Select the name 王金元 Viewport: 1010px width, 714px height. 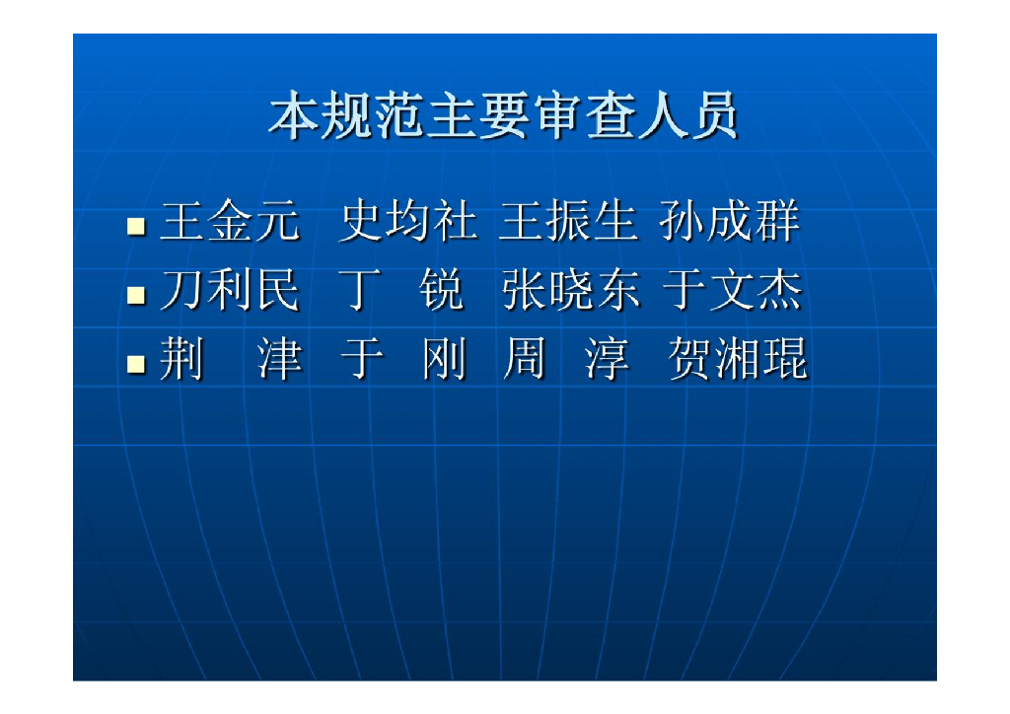(229, 223)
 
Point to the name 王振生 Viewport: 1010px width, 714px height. (567, 223)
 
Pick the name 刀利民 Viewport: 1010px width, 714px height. (229, 292)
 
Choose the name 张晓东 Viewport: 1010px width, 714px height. (570, 292)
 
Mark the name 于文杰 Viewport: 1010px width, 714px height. (731, 292)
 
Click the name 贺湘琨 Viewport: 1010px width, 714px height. (737, 360)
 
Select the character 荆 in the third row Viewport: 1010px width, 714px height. (181, 360)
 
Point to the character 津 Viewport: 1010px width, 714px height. (279, 360)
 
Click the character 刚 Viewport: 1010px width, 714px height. (443, 360)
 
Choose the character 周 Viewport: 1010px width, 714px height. (524, 360)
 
